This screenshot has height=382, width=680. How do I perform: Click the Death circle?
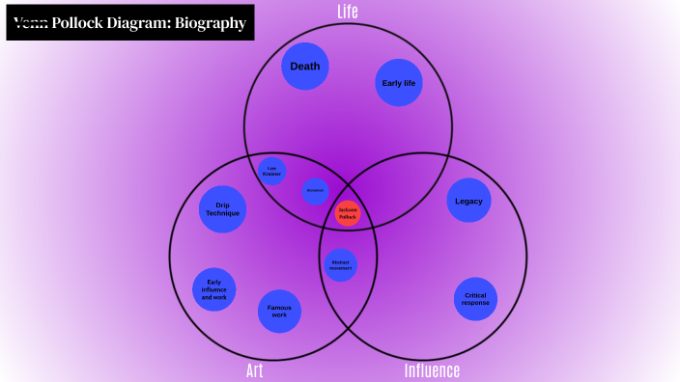305,67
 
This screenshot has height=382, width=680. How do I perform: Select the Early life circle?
399,83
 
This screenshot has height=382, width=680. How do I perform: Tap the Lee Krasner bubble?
271,171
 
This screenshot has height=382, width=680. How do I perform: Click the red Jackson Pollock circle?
348,213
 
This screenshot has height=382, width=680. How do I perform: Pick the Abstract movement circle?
340,264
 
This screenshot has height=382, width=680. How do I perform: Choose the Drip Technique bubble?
222,209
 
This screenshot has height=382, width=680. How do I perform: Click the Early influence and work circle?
214,290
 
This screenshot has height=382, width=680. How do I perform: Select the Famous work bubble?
279,312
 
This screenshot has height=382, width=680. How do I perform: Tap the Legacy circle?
468,202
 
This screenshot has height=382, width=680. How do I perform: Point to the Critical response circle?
475,299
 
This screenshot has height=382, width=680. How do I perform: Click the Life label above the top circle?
348,12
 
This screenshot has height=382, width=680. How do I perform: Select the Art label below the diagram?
254,371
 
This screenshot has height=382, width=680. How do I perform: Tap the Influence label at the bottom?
432,371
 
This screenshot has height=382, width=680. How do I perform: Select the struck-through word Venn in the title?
30,22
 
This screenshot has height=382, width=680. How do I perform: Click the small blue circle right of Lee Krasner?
315,190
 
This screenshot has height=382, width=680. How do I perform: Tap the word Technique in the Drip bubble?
222,213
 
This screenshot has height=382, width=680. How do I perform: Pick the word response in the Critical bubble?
475,303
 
